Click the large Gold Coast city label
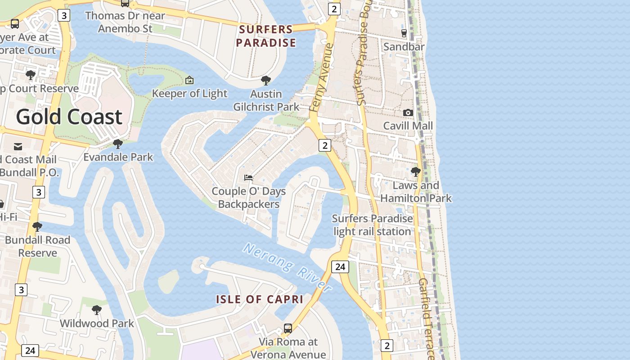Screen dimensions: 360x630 [x=69, y=117]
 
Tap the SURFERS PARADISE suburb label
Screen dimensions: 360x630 [x=266, y=36]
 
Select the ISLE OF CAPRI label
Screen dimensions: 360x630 [x=260, y=299]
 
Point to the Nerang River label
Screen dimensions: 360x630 [x=287, y=267]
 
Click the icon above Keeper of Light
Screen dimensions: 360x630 [x=189, y=81]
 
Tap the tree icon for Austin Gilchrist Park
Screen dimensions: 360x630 [x=266, y=81]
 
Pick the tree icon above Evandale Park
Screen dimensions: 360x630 [x=118, y=144]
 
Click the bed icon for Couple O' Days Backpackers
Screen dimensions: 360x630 [x=248, y=178]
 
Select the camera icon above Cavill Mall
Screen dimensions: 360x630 [x=408, y=112]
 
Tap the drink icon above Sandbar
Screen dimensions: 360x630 [x=404, y=33]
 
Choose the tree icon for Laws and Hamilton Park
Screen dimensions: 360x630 [x=416, y=172]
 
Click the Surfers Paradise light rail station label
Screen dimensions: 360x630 [x=372, y=225]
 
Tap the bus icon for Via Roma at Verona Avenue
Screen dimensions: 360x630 [x=288, y=328]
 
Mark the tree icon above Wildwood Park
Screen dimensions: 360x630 [x=96, y=310]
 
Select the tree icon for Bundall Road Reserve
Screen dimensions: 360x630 [x=37, y=227]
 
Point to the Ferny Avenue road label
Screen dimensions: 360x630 [x=321, y=77]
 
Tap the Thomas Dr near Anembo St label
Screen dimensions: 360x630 [x=125, y=22]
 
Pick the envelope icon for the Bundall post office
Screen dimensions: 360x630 [x=18, y=147]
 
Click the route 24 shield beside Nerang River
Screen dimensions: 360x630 [x=340, y=267]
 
